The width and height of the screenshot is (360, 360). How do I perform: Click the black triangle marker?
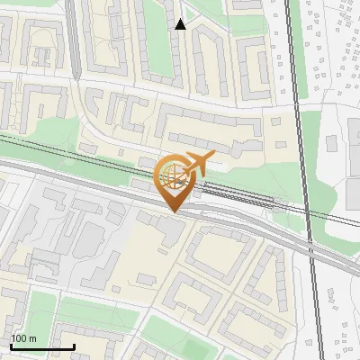click(181, 24)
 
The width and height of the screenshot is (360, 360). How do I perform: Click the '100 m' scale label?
click(23, 338)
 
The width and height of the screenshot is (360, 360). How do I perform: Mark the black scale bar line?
click(41, 346)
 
